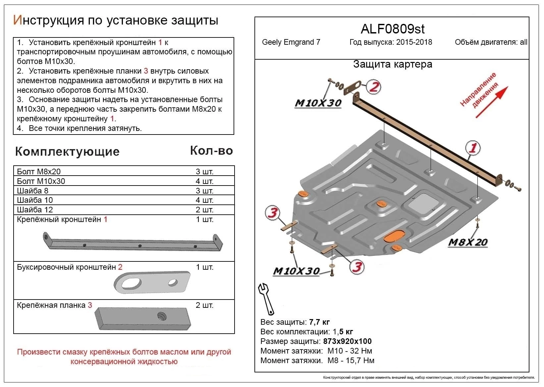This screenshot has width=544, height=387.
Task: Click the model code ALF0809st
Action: click(x=392, y=29)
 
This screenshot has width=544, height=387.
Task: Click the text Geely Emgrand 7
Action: click(x=291, y=42)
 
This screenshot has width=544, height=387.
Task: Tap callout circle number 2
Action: click(x=374, y=87)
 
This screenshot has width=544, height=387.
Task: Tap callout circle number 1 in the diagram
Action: click(x=473, y=148)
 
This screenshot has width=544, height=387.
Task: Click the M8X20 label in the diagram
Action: click(x=467, y=242)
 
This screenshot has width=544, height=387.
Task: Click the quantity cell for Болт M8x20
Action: click(x=204, y=172)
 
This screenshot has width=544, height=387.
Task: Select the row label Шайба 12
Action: click(x=35, y=210)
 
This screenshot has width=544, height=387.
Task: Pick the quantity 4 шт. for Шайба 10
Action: click(x=204, y=200)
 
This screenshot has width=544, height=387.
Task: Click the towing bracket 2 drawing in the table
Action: click(x=152, y=283)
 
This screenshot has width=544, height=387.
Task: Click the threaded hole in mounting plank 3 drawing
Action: click(x=162, y=316)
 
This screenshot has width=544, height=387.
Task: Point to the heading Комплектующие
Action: click(x=67, y=151)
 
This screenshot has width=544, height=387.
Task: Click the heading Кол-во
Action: click(x=211, y=151)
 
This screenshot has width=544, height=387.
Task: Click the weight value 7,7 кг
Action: click(x=319, y=322)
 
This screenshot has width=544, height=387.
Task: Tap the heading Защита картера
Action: click(x=393, y=64)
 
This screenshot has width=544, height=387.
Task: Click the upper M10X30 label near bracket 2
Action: click(x=318, y=103)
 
